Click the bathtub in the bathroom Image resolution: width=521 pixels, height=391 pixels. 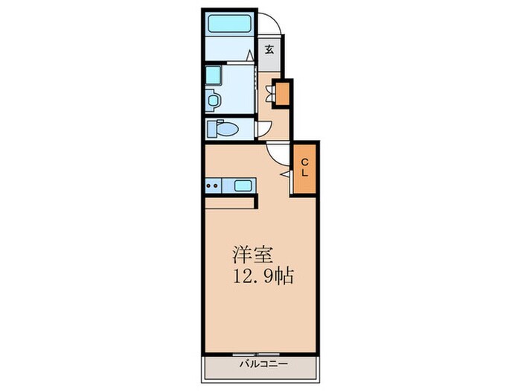[x=229, y=24]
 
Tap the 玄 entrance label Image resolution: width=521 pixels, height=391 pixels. [x=269, y=50]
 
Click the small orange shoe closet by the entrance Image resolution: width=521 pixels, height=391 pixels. [x=282, y=93]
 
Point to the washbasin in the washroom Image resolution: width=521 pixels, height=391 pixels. [x=213, y=100]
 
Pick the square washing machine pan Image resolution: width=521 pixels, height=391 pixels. [x=214, y=75]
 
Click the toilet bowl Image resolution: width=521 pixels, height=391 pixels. [x=227, y=129]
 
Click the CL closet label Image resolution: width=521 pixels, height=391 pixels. [x=304, y=168]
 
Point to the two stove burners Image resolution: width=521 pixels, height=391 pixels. [x=212, y=186]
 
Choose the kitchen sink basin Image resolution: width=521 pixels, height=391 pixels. [x=243, y=186]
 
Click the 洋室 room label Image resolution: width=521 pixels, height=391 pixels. [x=252, y=255]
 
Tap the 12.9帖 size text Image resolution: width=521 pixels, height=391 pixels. [x=263, y=276]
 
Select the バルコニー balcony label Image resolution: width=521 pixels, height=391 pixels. [x=263, y=364]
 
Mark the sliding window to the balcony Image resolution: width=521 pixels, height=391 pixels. [x=256, y=354]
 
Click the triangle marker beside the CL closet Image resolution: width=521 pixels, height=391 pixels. [x=285, y=174]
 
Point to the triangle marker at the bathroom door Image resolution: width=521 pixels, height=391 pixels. [x=250, y=56]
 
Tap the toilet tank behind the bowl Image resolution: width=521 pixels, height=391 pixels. [x=211, y=129]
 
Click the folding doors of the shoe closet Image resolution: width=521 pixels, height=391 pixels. [x=269, y=94]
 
